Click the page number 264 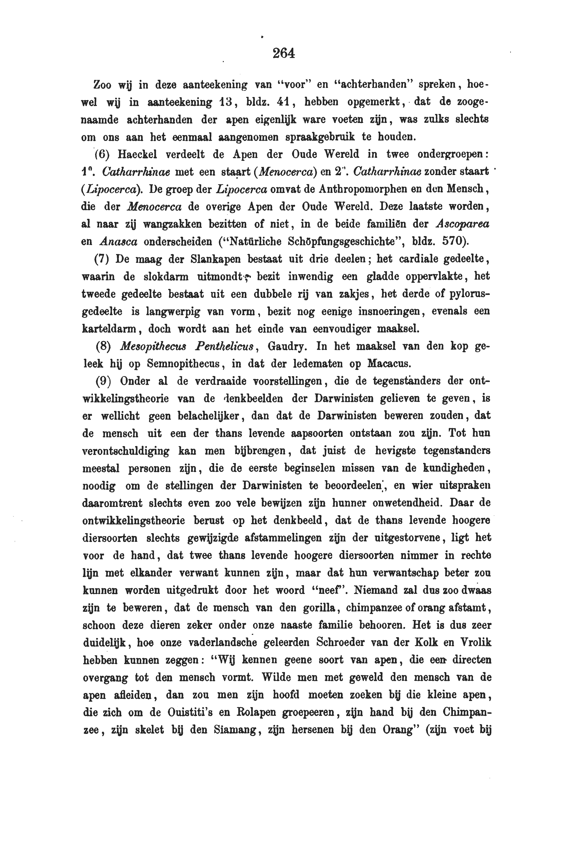(x=284, y=53)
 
